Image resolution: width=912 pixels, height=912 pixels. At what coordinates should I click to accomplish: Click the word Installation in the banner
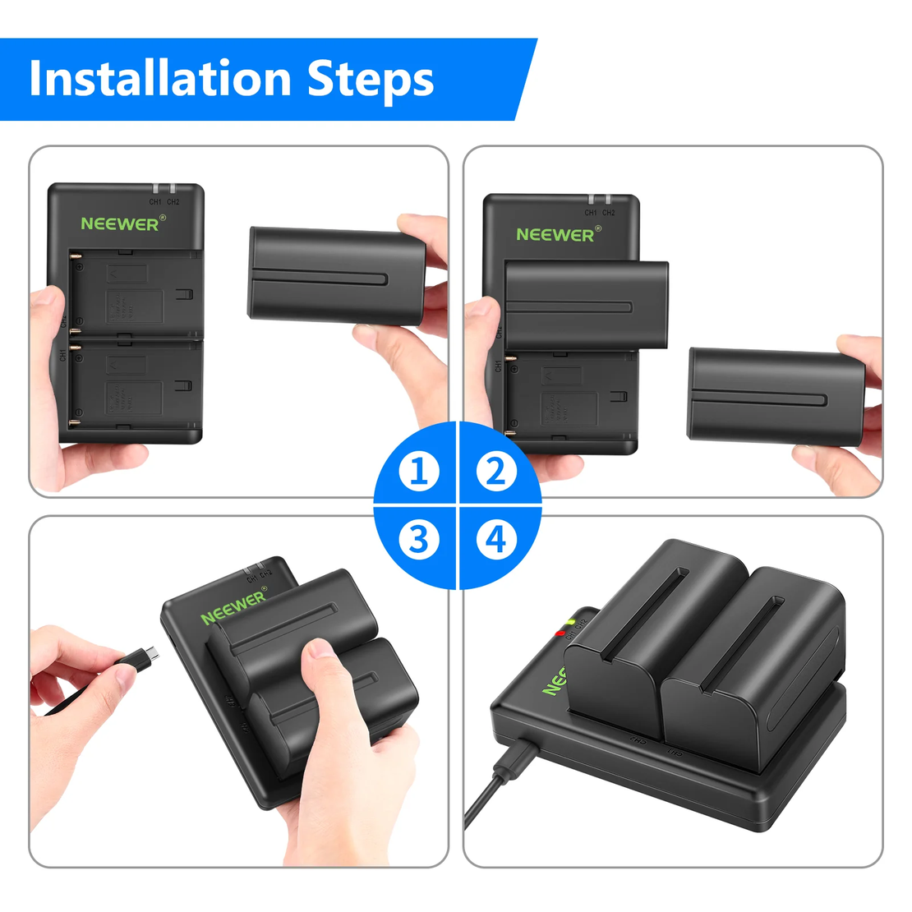(159, 79)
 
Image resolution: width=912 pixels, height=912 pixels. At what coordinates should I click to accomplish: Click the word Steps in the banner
(371, 81)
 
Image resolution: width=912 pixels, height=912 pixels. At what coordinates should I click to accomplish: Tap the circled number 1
(419, 472)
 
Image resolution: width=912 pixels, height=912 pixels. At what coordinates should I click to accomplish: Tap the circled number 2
(495, 472)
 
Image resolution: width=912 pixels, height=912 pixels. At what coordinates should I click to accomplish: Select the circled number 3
(419, 540)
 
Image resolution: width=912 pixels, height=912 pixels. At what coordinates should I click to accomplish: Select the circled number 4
(495, 540)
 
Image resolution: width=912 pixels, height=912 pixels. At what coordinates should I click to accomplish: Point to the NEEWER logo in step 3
(234, 606)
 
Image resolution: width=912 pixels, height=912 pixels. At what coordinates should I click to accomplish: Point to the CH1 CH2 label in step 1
(164, 201)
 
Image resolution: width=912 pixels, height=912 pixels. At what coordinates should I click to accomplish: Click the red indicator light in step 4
(560, 633)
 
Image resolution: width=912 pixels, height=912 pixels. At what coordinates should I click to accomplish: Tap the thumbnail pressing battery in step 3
(321, 649)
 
